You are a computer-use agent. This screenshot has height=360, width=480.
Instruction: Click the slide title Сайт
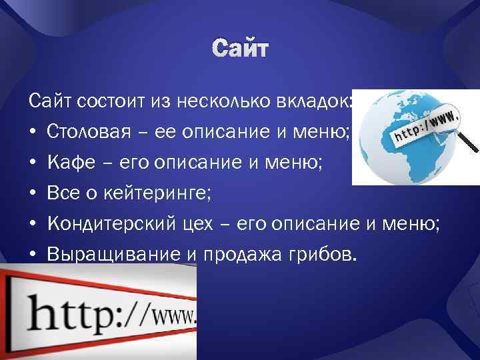(x=239, y=49)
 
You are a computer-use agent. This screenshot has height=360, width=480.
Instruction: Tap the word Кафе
(x=67, y=162)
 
